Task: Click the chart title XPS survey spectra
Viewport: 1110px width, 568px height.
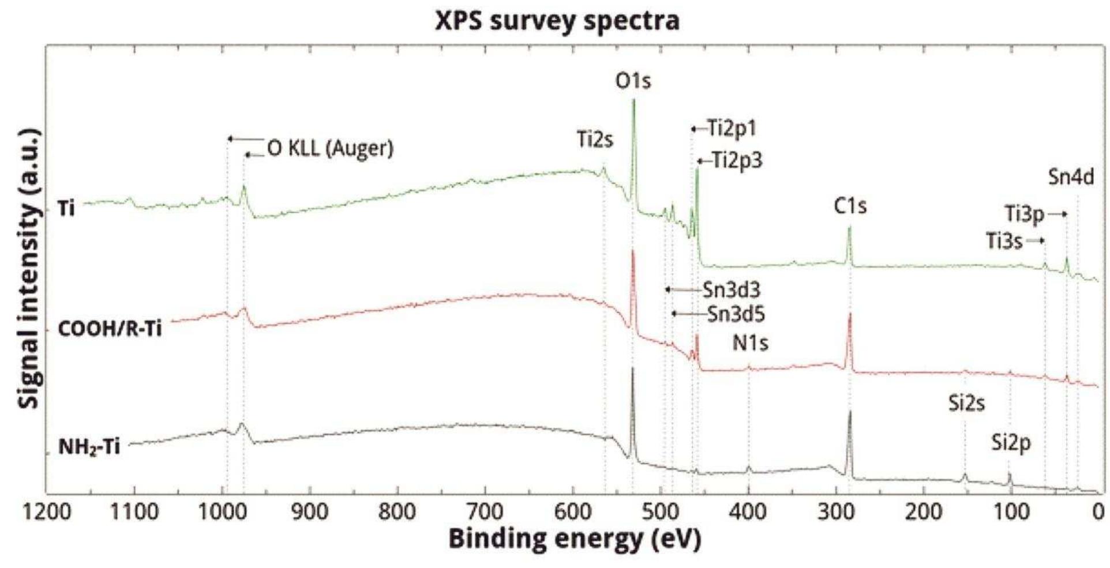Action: (x=557, y=21)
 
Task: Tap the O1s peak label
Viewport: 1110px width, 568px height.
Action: (x=633, y=81)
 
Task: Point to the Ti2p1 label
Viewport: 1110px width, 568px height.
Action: (x=731, y=129)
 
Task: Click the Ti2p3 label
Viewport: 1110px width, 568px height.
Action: (x=737, y=160)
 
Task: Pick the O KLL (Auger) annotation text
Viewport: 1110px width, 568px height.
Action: (x=330, y=149)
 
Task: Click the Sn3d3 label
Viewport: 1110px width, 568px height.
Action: (x=731, y=289)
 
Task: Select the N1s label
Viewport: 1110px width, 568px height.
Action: (x=750, y=343)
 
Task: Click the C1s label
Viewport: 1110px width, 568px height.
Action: (x=850, y=206)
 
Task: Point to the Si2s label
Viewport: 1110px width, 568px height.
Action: (x=966, y=404)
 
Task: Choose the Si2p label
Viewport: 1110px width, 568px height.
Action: (x=1011, y=443)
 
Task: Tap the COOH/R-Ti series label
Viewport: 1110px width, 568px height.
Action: (x=110, y=329)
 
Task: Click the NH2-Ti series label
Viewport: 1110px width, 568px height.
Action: (x=89, y=447)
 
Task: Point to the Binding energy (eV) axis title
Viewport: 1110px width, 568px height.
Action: (x=575, y=540)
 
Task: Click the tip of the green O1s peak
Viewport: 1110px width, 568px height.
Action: (x=633, y=100)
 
